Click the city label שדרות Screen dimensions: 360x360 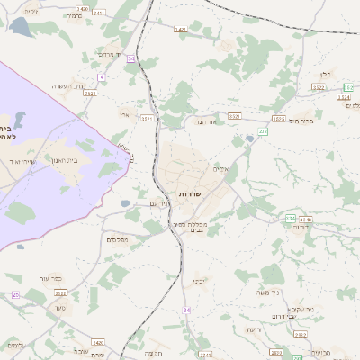click(188, 194)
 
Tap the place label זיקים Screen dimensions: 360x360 click(31, 11)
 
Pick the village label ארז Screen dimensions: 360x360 click(125, 116)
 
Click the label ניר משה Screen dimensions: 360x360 click(269, 292)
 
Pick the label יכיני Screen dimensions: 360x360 click(199, 281)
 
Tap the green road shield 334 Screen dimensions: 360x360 click(290, 219)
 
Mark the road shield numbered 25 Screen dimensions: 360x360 click(15, 294)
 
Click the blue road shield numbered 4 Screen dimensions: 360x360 click(103, 77)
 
